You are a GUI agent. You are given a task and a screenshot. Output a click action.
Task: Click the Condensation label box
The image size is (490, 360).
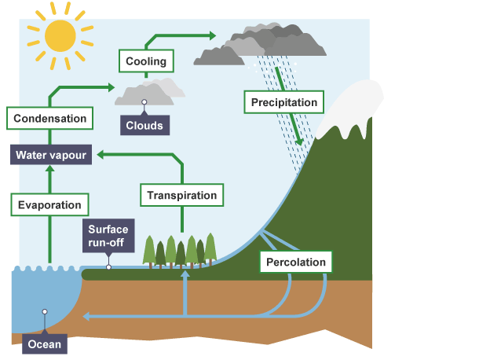50,119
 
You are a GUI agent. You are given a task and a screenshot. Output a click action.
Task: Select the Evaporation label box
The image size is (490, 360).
49,205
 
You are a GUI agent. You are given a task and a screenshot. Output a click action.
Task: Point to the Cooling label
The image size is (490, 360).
146,60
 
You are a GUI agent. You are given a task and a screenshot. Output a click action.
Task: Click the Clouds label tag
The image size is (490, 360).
144,125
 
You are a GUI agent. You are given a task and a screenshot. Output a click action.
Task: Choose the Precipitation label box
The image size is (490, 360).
283,102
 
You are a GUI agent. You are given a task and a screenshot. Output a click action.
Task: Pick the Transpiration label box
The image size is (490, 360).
181,195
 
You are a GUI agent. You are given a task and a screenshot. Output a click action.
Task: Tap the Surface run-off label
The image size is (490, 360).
108,236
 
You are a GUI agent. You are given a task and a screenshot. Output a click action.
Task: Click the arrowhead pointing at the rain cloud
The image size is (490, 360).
211,35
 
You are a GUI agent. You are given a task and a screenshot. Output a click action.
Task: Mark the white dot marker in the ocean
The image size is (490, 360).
45,312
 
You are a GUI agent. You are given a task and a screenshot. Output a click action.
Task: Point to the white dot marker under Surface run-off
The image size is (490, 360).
108,267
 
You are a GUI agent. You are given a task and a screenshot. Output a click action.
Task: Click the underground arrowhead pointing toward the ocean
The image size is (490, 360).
87,317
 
